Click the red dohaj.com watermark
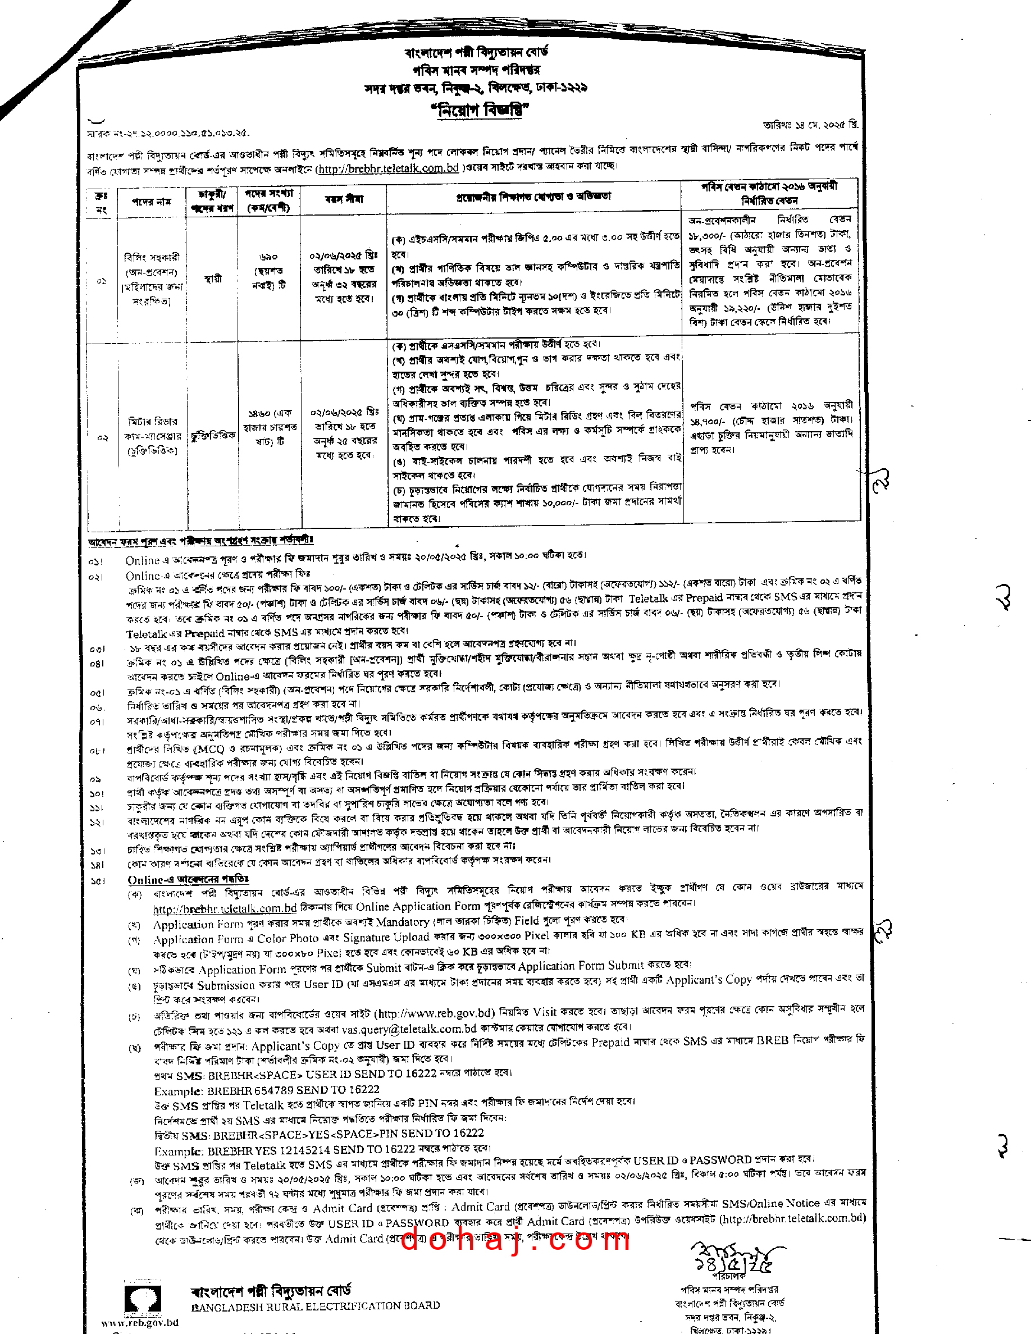pos(515,1241)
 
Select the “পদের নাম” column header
pos(152,202)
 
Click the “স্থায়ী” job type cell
pos(213,279)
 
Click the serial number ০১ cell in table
pos(102,281)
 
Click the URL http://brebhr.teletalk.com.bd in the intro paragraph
pos(387,168)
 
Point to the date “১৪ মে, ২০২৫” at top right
pos(810,125)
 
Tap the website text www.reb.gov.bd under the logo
pos(140,1322)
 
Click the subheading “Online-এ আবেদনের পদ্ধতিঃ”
pos(188,880)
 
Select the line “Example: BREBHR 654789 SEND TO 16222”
pos(266,1090)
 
